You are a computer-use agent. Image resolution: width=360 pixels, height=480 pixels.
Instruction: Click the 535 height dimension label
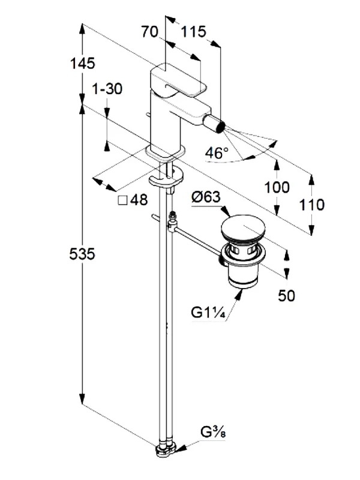(82, 254)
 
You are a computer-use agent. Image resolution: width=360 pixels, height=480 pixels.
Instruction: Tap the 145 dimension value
(83, 64)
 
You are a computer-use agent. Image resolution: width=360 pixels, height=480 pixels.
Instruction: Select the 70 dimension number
(149, 32)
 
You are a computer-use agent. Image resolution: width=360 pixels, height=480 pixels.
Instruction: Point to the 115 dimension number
(194, 32)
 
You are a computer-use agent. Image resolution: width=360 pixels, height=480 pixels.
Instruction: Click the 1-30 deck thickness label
(107, 89)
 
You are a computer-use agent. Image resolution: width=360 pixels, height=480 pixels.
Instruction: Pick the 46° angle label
(217, 152)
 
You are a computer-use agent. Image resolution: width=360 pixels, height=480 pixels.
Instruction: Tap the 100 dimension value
(277, 187)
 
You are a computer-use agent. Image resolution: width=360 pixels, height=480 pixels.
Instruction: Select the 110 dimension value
(311, 205)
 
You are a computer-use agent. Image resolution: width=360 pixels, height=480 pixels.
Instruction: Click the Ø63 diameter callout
(206, 197)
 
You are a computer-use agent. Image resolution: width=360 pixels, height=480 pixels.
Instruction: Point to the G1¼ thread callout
(208, 313)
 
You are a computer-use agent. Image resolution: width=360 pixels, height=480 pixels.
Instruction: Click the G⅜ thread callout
(214, 433)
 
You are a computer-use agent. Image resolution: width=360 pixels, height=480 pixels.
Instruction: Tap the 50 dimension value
(287, 295)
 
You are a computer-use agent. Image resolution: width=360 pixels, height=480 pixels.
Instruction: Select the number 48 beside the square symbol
(139, 200)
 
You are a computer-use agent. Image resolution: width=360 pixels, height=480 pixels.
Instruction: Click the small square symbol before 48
(123, 200)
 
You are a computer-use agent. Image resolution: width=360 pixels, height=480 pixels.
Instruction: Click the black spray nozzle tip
(220, 127)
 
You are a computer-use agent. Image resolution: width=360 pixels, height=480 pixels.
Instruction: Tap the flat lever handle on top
(178, 80)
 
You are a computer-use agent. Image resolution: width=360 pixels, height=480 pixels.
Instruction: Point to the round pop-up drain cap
(243, 229)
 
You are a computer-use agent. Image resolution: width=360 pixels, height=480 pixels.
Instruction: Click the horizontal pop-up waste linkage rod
(197, 241)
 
